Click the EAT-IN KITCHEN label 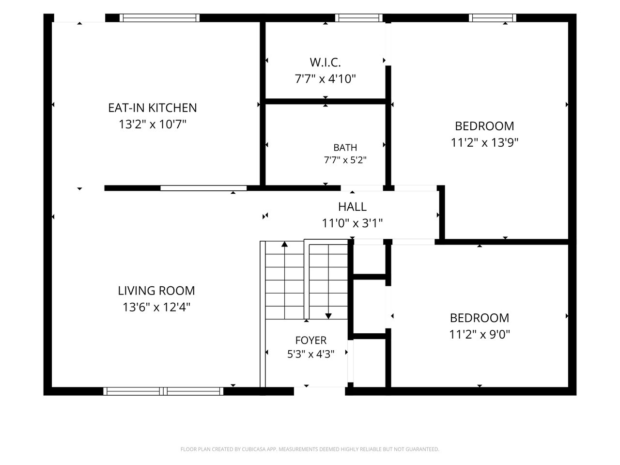[152, 108]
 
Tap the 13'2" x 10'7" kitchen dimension [152, 124]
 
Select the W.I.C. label [325, 62]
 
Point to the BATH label [345, 147]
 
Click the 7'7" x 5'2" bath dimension [345, 160]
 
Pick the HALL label [352, 207]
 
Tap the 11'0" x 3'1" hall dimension [352, 223]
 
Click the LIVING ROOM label [156, 291]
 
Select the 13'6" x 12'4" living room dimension [156, 307]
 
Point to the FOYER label [310, 340]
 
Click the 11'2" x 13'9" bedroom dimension [484, 142]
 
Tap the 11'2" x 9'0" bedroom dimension [480, 334]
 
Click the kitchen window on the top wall [159, 18]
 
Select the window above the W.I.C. [359, 18]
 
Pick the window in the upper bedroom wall [492, 18]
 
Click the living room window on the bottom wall [163, 391]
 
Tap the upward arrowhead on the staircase [284, 244]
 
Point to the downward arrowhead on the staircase [328, 316]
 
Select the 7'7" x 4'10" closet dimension [325, 78]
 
